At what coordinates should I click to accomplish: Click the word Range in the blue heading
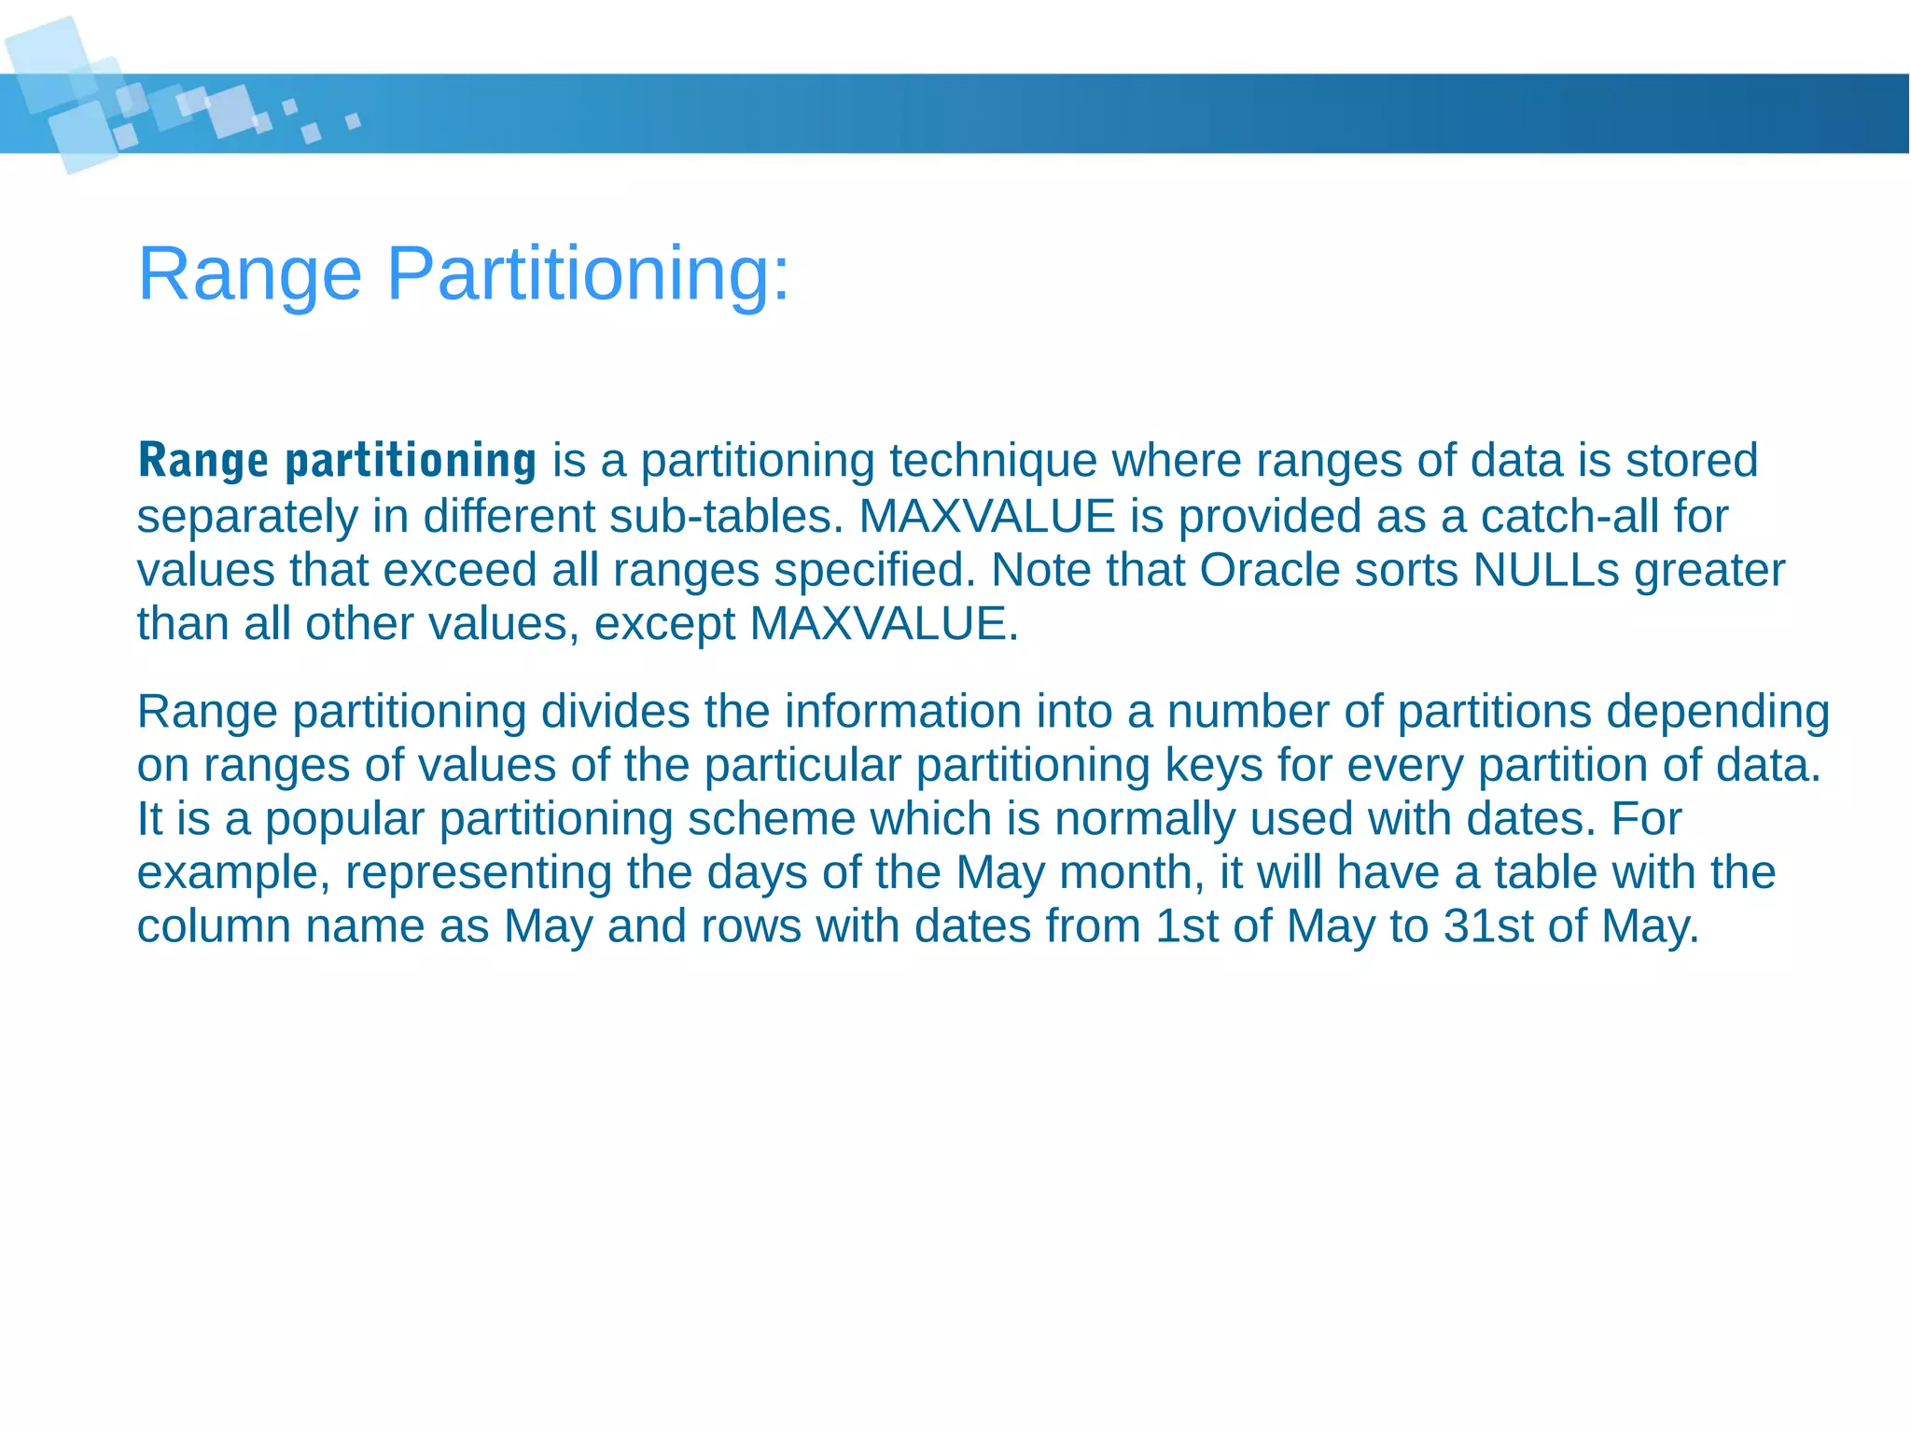pos(249,274)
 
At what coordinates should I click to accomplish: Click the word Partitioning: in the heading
pos(588,274)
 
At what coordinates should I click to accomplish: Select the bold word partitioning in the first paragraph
pos(411,461)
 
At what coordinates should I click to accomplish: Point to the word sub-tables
pos(726,516)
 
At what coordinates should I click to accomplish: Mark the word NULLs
pos(1546,570)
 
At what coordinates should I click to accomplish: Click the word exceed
pos(459,570)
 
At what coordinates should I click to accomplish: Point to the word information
pos(902,712)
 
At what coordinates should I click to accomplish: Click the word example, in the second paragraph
pos(233,873)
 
